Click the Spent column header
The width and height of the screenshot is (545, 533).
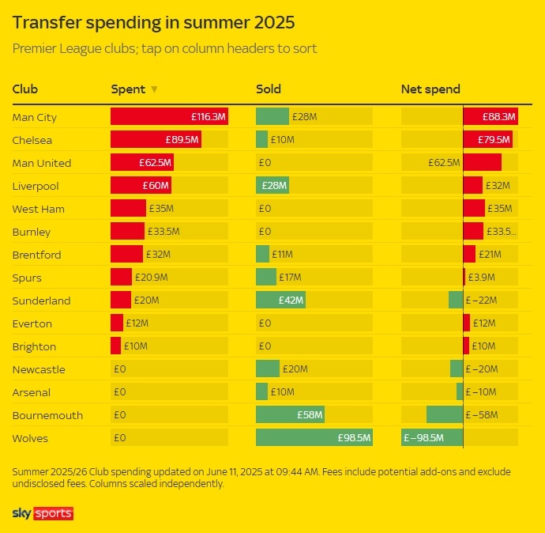tap(128, 89)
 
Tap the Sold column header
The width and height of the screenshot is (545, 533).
tap(269, 89)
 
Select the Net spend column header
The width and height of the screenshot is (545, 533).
tap(430, 89)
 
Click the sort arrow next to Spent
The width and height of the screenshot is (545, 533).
tap(154, 89)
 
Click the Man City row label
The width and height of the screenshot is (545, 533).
tap(35, 117)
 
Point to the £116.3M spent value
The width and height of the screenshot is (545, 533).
tap(209, 117)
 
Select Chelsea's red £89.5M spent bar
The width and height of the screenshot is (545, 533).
tap(155, 140)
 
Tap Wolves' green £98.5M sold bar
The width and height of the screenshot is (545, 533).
tap(314, 438)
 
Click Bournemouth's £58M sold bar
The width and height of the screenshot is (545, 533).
tap(290, 415)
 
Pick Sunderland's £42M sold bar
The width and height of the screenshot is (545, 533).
tap(280, 301)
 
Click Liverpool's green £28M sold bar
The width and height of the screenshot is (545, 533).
tap(272, 186)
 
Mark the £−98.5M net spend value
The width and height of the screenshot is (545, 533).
tap(424, 438)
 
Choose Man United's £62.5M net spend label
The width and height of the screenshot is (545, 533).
tap(444, 163)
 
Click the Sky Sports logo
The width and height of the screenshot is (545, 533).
tap(43, 514)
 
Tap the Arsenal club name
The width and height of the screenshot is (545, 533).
tap(32, 392)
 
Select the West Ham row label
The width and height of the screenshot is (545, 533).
tap(39, 209)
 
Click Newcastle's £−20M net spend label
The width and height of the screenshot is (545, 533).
tap(482, 369)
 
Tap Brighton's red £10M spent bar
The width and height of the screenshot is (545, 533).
tap(115, 346)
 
